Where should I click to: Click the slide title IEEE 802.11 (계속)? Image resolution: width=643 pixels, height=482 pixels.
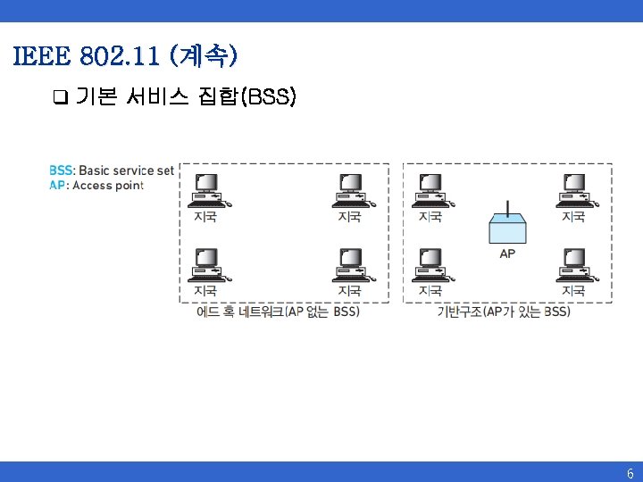click(x=125, y=58)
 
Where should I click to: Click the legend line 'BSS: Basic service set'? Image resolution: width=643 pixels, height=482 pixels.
click(x=112, y=170)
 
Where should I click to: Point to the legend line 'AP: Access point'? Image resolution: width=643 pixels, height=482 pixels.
click(x=96, y=185)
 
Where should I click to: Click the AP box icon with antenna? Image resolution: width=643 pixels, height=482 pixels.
click(x=507, y=229)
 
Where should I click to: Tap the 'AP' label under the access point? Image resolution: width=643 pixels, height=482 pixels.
click(x=507, y=253)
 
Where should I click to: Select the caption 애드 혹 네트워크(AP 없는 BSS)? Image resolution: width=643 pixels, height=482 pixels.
click(x=278, y=312)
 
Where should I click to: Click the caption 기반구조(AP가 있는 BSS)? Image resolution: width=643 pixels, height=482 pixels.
click(x=504, y=312)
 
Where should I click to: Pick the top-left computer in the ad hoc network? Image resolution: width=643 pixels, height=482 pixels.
click(x=209, y=189)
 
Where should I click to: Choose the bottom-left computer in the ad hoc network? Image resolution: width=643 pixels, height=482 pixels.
click(x=209, y=264)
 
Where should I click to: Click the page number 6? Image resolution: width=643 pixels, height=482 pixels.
click(x=630, y=474)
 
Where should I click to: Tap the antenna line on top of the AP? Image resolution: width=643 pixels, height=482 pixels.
click(x=507, y=209)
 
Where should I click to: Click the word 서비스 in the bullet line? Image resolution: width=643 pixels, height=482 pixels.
click(x=156, y=96)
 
